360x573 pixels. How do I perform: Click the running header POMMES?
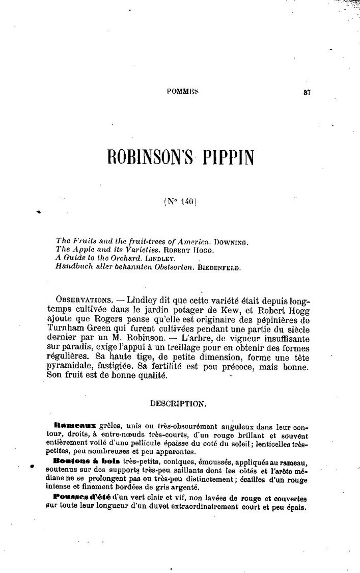click(182, 92)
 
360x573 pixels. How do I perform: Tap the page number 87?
click(307, 92)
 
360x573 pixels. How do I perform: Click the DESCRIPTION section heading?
click(178, 404)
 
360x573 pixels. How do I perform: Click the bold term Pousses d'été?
click(82, 497)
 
